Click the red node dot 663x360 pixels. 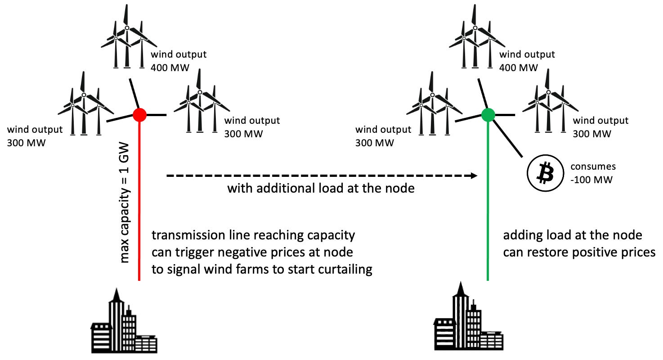(140, 115)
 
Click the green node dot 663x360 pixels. (488, 115)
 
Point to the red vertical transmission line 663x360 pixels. (140, 202)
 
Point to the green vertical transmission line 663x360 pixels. (488, 202)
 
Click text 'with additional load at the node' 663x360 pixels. (320, 188)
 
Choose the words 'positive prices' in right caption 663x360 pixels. (617, 252)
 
